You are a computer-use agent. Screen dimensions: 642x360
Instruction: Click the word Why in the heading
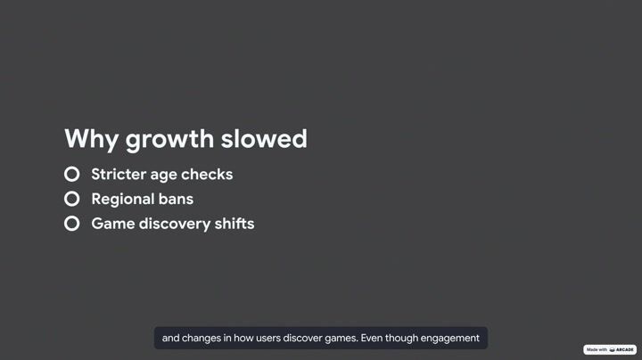[91, 140]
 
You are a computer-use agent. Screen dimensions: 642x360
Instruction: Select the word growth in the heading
[169, 140]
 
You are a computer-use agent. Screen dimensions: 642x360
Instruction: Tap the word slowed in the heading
[264, 138]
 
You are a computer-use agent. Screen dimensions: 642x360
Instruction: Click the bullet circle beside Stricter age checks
[71, 175]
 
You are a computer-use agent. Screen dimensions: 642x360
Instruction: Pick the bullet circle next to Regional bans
[71, 199]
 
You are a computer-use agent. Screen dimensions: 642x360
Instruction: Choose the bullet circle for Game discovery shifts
[71, 224]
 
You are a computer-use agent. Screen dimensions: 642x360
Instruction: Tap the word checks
[207, 175]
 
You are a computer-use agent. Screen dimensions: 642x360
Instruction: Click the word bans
[176, 200]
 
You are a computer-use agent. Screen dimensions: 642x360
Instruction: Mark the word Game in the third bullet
[112, 224]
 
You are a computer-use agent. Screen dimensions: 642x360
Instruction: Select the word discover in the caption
[302, 338]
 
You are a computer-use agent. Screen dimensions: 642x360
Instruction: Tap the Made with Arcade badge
[610, 350]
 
